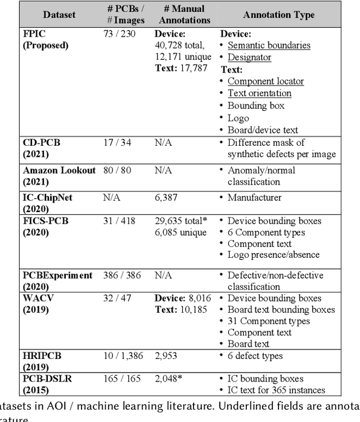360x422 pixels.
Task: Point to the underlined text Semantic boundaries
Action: [x=269, y=45]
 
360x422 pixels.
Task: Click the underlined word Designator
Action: [x=249, y=57]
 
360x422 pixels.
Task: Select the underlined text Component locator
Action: [x=265, y=81]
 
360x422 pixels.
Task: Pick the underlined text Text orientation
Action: [x=259, y=93]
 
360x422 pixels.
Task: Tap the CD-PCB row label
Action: [x=41, y=148]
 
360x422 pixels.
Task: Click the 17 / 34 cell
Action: [x=117, y=142]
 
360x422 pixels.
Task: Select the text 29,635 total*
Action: [x=181, y=221]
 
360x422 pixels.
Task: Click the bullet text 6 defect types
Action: [x=255, y=356]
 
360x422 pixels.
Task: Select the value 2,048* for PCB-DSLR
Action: [x=169, y=379]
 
